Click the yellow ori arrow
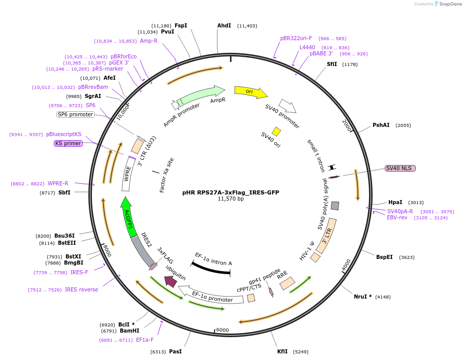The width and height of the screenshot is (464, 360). point(250,92)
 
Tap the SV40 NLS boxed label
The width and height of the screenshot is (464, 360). point(400,168)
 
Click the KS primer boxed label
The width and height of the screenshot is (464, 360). point(68,143)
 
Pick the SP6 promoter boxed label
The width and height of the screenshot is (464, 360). point(76,114)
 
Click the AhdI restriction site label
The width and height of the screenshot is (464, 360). point(224,25)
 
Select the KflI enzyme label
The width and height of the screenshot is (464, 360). point(282,351)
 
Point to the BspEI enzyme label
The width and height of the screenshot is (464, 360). point(385,257)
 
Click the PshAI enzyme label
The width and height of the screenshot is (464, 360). point(381,125)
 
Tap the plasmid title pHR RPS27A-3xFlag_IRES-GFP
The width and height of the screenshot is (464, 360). point(230,192)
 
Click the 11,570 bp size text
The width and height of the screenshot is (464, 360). point(230,199)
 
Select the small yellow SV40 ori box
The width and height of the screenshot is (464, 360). point(277,132)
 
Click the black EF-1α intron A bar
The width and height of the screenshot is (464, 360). point(211,269)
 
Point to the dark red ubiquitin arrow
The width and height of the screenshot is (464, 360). point(170,281)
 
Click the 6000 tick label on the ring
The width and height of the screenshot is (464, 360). point(223,330)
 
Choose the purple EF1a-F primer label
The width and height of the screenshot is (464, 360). point(145,340)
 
